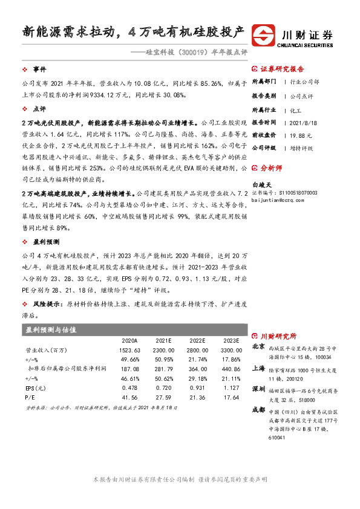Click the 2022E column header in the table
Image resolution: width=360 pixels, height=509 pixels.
point(197,340)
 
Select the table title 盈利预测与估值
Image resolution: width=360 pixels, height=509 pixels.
point(51,330)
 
